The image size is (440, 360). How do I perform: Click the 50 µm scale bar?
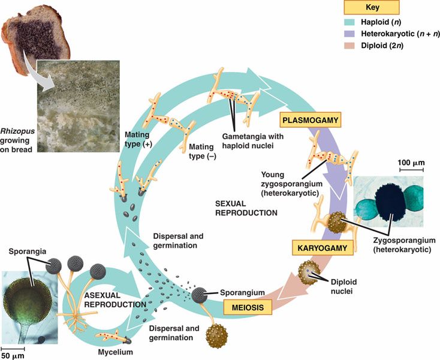pos(13,347)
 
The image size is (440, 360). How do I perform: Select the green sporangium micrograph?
pos(29,306)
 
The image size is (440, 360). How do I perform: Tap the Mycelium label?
pos(115,352)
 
